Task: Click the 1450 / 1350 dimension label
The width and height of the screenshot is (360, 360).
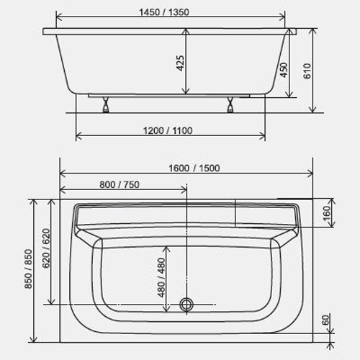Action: pyautogui.click(x=164, y=12)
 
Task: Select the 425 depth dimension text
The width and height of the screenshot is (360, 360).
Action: pyautogui.click(x=181, y=63)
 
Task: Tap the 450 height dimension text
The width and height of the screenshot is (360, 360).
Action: pyautogui.click(x=284, y=70)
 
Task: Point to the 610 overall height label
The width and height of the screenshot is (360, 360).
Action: pyautogui.click(x=307, y=71)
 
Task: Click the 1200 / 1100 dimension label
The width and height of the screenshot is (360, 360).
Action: pyautogui.click(x=168, y=130)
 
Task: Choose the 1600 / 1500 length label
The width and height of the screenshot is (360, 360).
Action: pyautogui.click(x=194, y=168)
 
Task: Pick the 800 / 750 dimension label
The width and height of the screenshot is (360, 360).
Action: pyautogui.click(x=120, y=184)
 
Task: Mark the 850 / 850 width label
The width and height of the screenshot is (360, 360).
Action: pyautogui.click(x=28, y=269)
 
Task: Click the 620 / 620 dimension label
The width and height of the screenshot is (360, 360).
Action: pyautogui.click(x=46, y=248)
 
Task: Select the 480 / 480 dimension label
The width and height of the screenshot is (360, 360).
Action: pyautogui.click(x=161, y=277)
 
